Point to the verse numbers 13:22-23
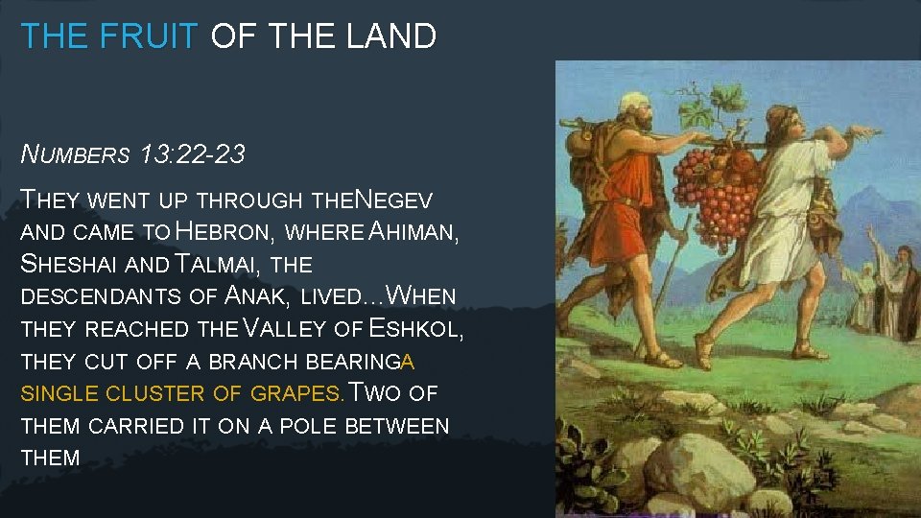coord(192,154)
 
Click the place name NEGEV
coord(393,200)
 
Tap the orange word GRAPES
coord(296,393)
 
